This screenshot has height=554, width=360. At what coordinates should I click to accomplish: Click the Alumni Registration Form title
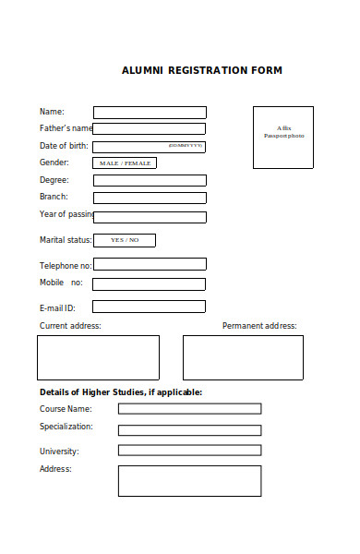[x=202, y=70]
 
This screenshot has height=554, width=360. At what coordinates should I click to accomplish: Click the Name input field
[x=150, y=112]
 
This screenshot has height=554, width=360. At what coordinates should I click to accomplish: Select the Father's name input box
[x=150, y=128]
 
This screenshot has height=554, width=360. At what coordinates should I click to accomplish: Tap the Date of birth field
[x=150, y=146]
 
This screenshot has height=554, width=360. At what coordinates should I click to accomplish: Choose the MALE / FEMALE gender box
[x=125, y=163]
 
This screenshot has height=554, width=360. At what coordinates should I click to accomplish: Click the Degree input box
[x=150, y=180]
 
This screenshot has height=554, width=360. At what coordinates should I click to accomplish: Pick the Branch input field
[x=150, y=198]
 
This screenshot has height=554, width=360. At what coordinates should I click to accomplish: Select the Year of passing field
[x=150, y=217]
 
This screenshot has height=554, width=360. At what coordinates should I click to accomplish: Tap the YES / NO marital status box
[x=125, y=240]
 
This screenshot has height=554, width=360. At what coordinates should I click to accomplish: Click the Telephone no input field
[x=150, y=264]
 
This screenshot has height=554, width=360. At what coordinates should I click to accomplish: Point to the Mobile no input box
[x=150, y=283]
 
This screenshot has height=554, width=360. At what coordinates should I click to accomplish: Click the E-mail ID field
[x=150, y=307]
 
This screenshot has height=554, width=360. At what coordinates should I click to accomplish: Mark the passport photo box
[x=282, y=137]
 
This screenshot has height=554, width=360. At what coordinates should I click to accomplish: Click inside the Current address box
[x=98, y=357]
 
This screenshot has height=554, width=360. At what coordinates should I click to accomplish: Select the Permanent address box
[x=243, y=357]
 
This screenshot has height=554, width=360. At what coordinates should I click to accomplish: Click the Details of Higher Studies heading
[x=121, y=391]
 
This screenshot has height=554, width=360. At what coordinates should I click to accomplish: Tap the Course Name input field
[x=189, y=408]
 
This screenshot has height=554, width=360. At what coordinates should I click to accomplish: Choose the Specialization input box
[x=189, y=429]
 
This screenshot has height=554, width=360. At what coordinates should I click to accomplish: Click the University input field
[x=189, y=451]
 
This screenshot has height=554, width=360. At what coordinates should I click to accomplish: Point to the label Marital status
[x=66, y=240]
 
